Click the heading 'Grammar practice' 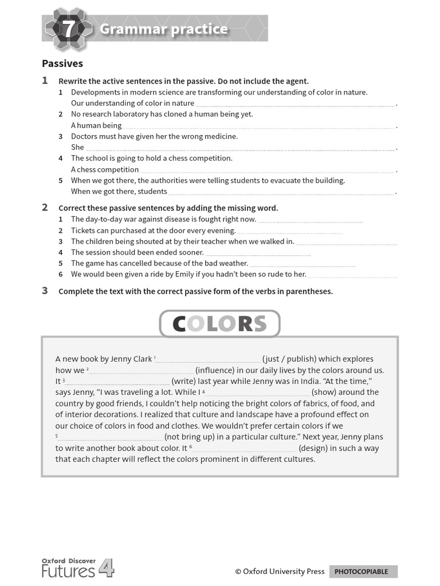[x=163, y=29]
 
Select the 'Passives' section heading [x=62, y=64]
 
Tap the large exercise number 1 [x=45, y=81]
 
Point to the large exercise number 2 [x=45, y=208]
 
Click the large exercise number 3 [x=45, y=291]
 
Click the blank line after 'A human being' [x=259, y=126]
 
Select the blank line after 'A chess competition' [x=268, y=170]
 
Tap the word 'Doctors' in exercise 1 [x=84, y=136]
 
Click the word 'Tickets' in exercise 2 [x=84, y=230]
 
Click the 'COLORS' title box [x=219, y=324]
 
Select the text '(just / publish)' [x=289, y=359]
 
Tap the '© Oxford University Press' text [x=280, y=571]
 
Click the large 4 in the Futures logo [x=106, y=568]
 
